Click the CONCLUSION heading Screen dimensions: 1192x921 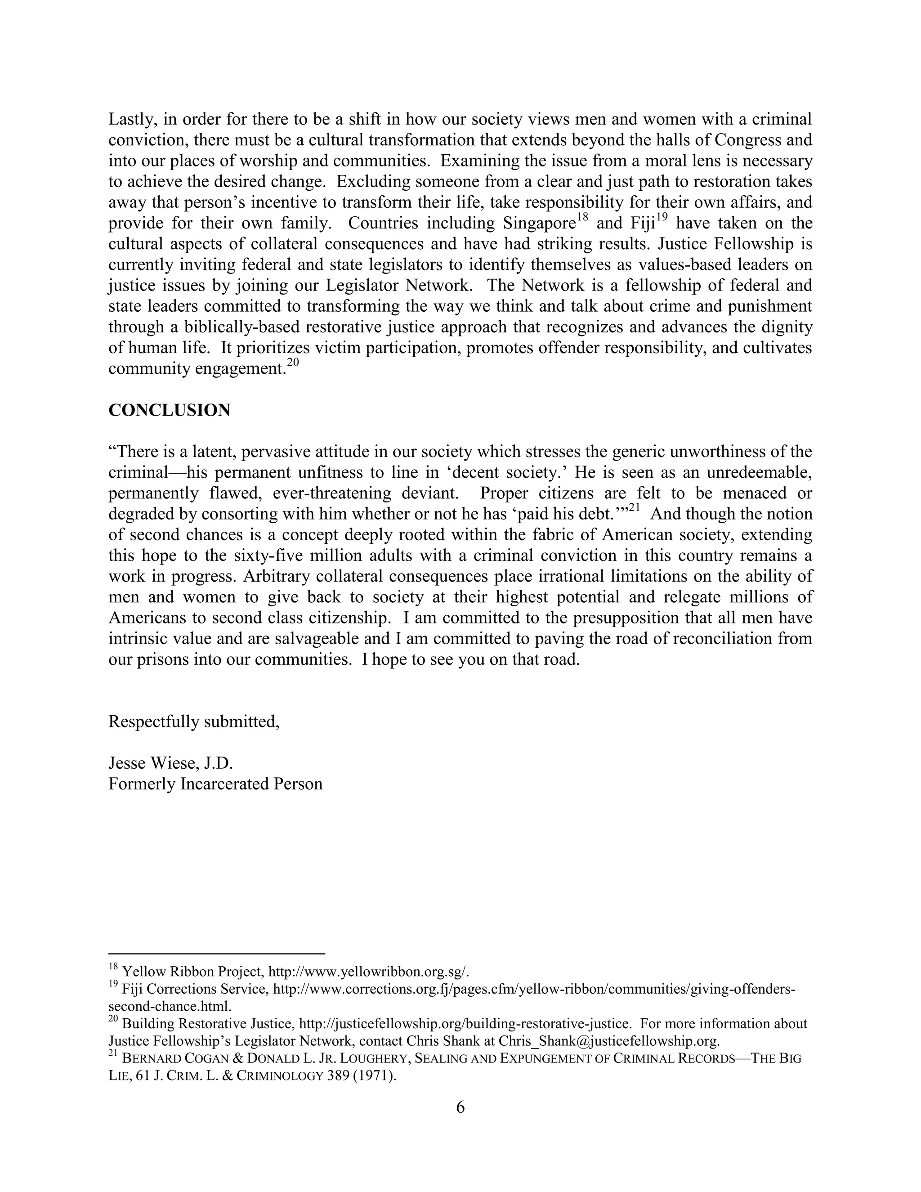tap(169, 410)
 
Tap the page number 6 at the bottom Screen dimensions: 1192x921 tap(460, 1107)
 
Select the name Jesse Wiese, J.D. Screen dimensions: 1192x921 tap(171, 762)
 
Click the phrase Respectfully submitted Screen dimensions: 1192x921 tap(194, 721)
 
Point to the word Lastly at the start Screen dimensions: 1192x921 tap(133, 119)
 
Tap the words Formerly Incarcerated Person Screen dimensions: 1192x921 tap(215, 784)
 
